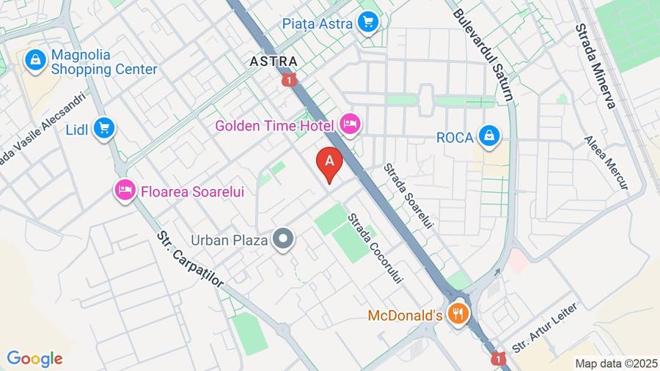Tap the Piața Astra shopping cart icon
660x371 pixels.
368,23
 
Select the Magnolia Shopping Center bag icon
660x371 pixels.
35,62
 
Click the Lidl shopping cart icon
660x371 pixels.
104,129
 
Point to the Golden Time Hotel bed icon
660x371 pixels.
350,125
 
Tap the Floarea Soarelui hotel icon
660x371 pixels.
125,191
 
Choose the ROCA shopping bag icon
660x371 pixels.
488,136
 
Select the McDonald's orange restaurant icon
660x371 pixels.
458,315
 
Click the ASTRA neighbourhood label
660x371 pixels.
274,62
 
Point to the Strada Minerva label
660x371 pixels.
595,65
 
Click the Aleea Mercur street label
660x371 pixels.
606,163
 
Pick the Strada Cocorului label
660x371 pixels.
375,249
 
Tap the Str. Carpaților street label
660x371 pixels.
190,267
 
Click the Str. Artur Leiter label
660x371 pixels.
544,328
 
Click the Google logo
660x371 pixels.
34,359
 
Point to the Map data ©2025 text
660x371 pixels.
616,363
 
